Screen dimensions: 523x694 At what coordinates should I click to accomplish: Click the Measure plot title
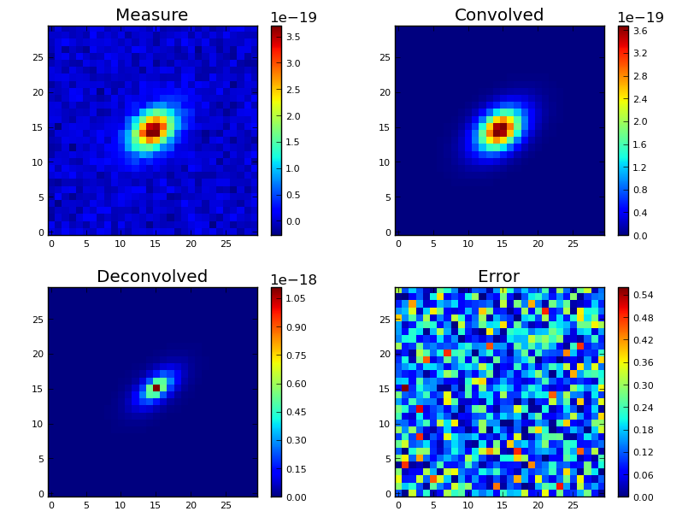click(151, 15)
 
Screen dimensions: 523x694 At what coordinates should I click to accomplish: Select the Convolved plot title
click(499, 15)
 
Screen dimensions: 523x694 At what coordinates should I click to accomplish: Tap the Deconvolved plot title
click(151, 277)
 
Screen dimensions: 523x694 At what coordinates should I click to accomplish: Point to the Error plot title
click(498, 277)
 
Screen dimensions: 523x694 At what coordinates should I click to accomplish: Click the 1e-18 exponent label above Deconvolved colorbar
click(293, 280)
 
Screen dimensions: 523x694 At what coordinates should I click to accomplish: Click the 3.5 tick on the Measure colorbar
click(293, 37)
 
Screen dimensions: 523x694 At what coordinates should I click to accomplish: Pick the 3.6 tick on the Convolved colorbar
click(639, 31)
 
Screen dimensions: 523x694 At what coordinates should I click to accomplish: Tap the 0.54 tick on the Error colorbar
click(642, 296)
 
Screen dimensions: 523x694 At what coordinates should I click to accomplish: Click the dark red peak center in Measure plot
click(152, 129)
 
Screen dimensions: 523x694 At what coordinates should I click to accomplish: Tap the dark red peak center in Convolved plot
click(499, 129)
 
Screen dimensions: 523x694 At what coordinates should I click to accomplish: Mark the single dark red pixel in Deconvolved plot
click(156, 388)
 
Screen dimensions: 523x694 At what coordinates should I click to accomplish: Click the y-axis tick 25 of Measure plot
click(37, 57)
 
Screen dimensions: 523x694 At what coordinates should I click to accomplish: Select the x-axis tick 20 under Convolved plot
click(538, 244)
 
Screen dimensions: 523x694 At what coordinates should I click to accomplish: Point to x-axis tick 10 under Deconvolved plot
click(121, 505)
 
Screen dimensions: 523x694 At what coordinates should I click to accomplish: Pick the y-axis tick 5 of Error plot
click(386, 459)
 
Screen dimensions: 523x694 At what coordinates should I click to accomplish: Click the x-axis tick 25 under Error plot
click(573, 505)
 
